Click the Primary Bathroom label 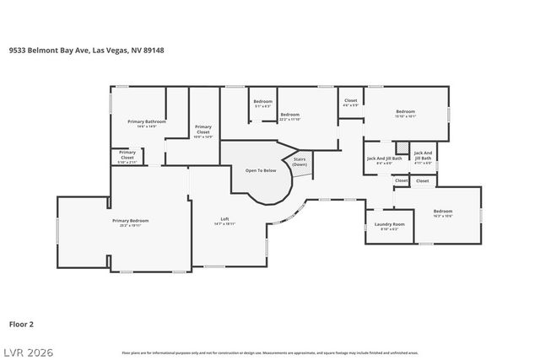click(147, 123)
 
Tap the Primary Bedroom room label click(124, 223)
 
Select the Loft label click(224, 221)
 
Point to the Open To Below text click(261, 170)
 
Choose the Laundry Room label click(389, 225)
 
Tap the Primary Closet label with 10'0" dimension click(202, 131)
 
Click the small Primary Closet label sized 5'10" click(127, 155)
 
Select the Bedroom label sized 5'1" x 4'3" click(262, 104)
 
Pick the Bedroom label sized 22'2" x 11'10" click(290, 116)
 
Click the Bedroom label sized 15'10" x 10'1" click(406, 114)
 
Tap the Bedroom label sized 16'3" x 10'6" click(443, 212)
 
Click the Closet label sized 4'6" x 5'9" click(351, 102)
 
